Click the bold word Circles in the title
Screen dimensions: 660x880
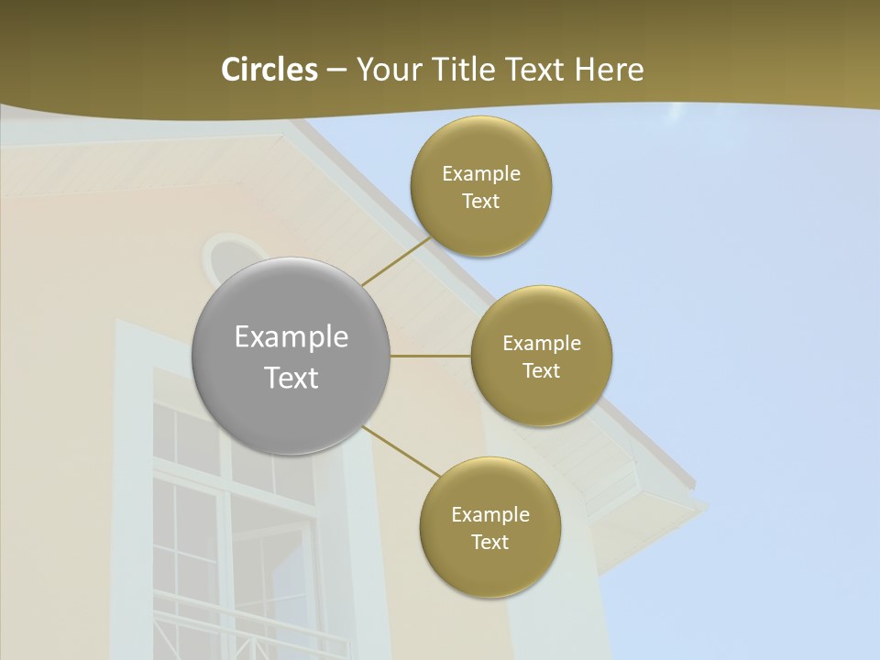(x=269, y=70)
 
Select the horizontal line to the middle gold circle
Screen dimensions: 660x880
(x=431, y=356)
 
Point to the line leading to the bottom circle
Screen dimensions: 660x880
(x=401, y=451)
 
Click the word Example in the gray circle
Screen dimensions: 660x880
(x=291, y=337)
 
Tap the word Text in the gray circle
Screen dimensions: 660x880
(x=291, y=378)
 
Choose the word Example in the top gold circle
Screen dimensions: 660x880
(x=481, y=174)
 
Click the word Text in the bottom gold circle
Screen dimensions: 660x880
(x=489, y=542)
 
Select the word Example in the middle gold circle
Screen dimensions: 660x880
(x=542, y=344)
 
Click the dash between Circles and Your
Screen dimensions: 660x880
(x=336, y=71)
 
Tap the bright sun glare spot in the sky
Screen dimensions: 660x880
(x=676, y=114)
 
